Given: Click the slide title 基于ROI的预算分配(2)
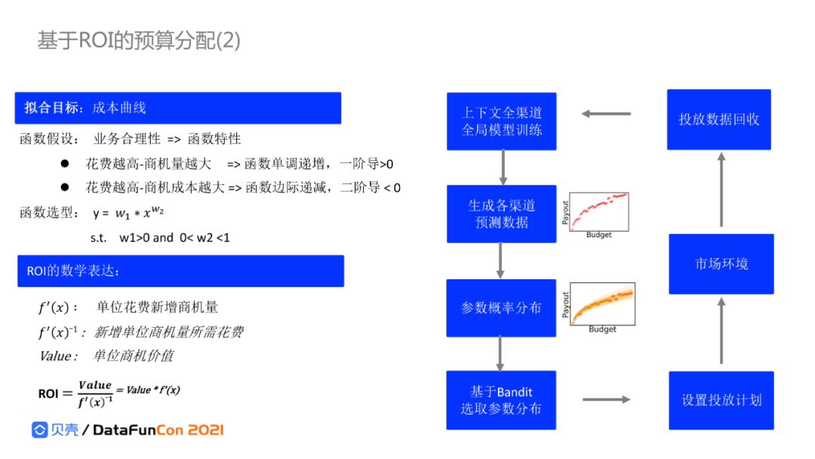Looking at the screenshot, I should click(x=139, y=41).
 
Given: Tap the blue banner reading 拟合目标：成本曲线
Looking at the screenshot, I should click(x=177, y=108).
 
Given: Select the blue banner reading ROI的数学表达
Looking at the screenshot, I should click(x=180, y=271).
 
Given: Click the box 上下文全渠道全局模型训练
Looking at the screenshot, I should click(x=502, y=121).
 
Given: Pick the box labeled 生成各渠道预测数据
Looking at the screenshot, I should click(x=502, y=214).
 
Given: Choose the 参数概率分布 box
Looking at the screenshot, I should click(x=502, y=308).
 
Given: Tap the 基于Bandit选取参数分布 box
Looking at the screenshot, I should click(x=502, y=400).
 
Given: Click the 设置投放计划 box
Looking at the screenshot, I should click(x=721, y=400).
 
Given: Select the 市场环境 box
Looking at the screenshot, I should click(x=721, y=263).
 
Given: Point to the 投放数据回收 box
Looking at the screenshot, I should click(x=719, y=119).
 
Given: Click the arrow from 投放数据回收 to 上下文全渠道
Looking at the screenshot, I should click(x=606, y=114).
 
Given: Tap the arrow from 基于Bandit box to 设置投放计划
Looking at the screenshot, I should click(x=606, y=399).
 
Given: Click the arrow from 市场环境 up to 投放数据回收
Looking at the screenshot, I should click(x=721, y=189).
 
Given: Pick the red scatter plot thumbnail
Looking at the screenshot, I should click(x=595, y=215).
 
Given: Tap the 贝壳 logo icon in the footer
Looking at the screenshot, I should click(x=39, y=430).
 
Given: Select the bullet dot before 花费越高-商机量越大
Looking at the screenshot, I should click(x=65, y=163).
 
